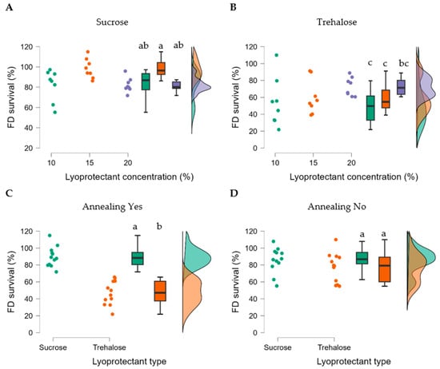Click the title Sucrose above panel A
[x=110, y=22]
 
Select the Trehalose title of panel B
[x=331, y=22]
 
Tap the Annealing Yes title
[x=110, y=211]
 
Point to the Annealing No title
[x=331, y=211]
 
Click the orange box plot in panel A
[x=161, y=69]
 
